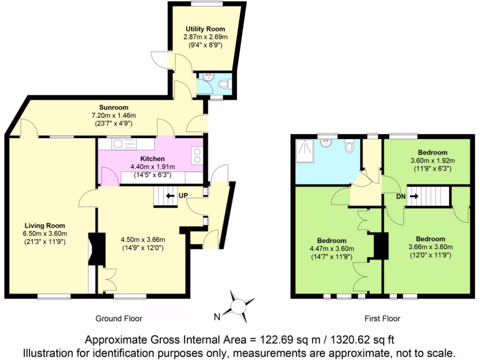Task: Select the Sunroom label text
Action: [113, 107]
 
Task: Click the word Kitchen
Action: [152, 158]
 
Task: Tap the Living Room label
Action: [45, 225]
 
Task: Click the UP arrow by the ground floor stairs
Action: [167, 195]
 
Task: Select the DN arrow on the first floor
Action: [414, 196]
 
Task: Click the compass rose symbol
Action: [239, 307]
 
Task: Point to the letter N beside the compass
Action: [217, 317]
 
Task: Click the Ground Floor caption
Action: [119, 319]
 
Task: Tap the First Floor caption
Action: [382, 319]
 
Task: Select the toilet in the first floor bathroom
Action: [349, 147]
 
